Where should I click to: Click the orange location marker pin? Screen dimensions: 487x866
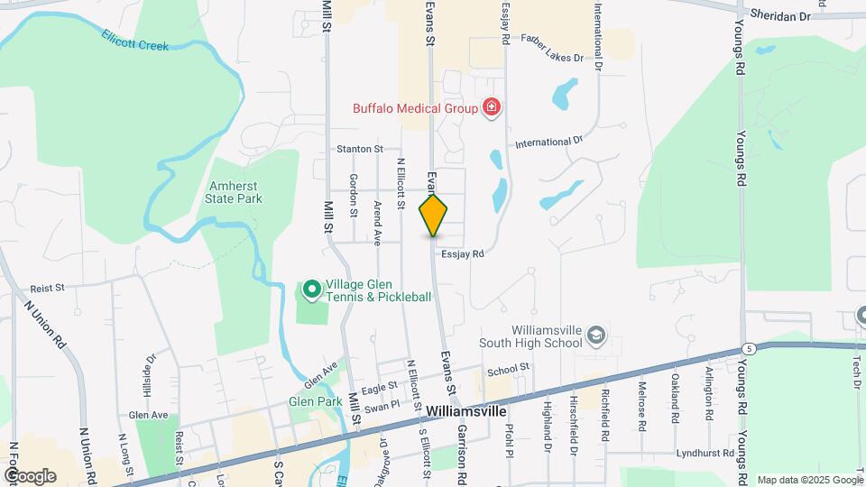pyautogui.click(x=434, y=215)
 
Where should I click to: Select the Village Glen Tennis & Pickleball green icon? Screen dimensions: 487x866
pyautogui.click(x=311, y=289)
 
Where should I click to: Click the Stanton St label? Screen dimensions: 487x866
pyautogui.click(x=360, y=149)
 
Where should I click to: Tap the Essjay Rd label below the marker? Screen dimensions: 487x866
pyautogui.click(x=464, y=254)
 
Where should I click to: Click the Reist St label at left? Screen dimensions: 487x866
pyautogui.click(x=47, y=288)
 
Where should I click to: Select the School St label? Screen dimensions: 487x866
pyautogui.click(x=506, y=370)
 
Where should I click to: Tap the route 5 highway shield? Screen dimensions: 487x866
pyautogui.click(x=749, y=347)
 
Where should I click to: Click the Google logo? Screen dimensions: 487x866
pyautogui.click(x=29, y=476)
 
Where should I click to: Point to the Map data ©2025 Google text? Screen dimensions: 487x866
pyautogui.click(x=808, y=480)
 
